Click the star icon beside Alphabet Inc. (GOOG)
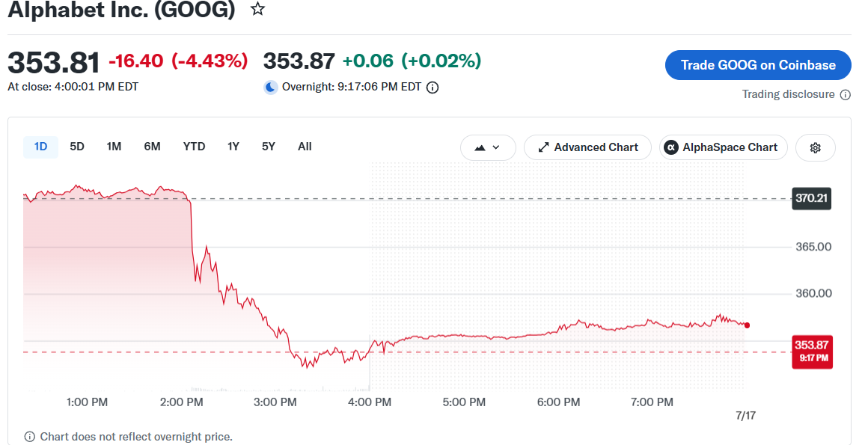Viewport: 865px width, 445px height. (x=257, y=9)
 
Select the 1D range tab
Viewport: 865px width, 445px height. (x=41, y=147)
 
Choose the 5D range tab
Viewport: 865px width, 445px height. (x=76, y=147)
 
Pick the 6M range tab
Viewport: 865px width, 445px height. (x=152, y=147)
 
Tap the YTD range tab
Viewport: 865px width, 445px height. (x=195, y=147)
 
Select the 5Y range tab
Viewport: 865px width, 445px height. (x=268, y=147)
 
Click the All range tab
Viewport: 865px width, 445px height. (x=305, y=147)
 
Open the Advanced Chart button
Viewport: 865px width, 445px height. (x=587, y=148)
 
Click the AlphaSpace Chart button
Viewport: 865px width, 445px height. (x=724, y=148)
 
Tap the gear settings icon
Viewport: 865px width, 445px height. (x=816, y=148)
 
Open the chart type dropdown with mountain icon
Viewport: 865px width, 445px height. (x=488, y=148)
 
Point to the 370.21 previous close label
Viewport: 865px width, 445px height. (x=811, y=198)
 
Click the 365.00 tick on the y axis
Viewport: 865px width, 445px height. (x=813, y=247)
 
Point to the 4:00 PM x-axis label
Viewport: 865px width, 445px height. (x=370, y=402)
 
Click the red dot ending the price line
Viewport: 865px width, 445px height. (x=747, y=325)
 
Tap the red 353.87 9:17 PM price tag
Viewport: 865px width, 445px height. (x=812, y=352)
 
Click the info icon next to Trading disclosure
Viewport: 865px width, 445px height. (x=845, y=95)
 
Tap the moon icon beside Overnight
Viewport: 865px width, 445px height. (x=270, y=87)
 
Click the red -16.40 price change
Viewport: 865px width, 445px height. (x=135, y=61)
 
